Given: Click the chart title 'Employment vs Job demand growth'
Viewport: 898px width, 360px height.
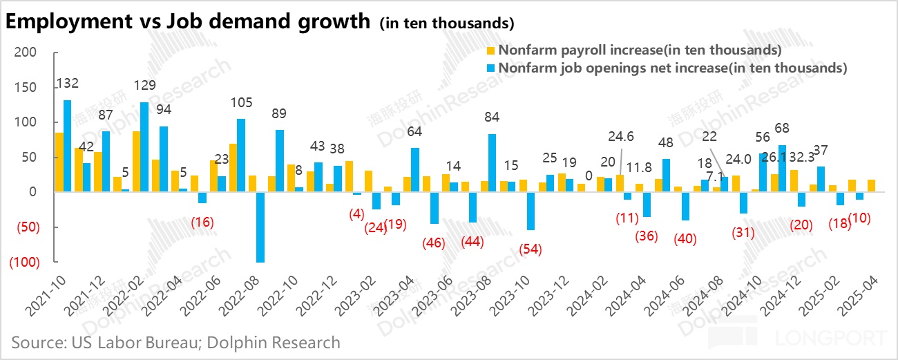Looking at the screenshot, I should tap(188, 21).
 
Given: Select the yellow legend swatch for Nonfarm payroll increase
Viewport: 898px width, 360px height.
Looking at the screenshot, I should tap(491, 50).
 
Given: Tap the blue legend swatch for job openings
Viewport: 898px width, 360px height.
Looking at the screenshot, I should tap(491, 68).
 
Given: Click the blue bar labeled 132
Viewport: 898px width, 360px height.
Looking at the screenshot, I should tap(68, 146).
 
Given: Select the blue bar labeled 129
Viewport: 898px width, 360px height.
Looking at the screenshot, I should tap(144, 147).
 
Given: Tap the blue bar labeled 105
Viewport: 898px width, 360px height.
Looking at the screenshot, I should tap(240, 155).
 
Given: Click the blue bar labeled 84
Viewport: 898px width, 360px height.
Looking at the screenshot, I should tap(492, 163).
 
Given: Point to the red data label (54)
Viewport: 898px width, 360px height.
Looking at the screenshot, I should tap(531, 249).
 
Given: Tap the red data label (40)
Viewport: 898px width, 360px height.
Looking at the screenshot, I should tap(685, 239).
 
